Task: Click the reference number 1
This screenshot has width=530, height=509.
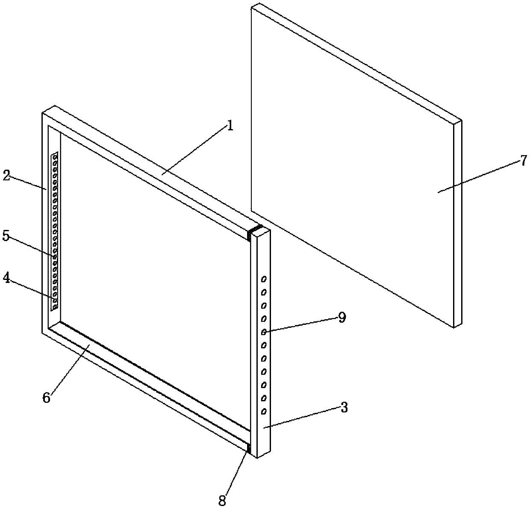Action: (x=230, y=126)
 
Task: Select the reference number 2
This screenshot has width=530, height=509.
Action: (x=6, y=175)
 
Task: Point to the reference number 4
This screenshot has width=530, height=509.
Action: (x=6, y=278)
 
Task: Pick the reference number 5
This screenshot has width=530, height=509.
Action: (x=6, y=236)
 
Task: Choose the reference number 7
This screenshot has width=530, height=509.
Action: (x=524, y=161)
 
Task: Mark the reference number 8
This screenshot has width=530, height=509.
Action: (x=222, y=500)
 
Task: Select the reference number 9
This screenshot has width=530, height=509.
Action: (x=342, y=318)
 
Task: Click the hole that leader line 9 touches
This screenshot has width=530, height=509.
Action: (x=264, y=332)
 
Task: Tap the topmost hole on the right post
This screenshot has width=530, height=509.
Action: (x=264, y=279)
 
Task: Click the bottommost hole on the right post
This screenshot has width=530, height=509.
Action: (x=264, y=411)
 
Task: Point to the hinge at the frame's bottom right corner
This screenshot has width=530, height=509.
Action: (x=249, y=448)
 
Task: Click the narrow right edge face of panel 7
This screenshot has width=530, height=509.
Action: (x=458, y=224)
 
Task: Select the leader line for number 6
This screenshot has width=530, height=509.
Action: (x=70, y=368)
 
